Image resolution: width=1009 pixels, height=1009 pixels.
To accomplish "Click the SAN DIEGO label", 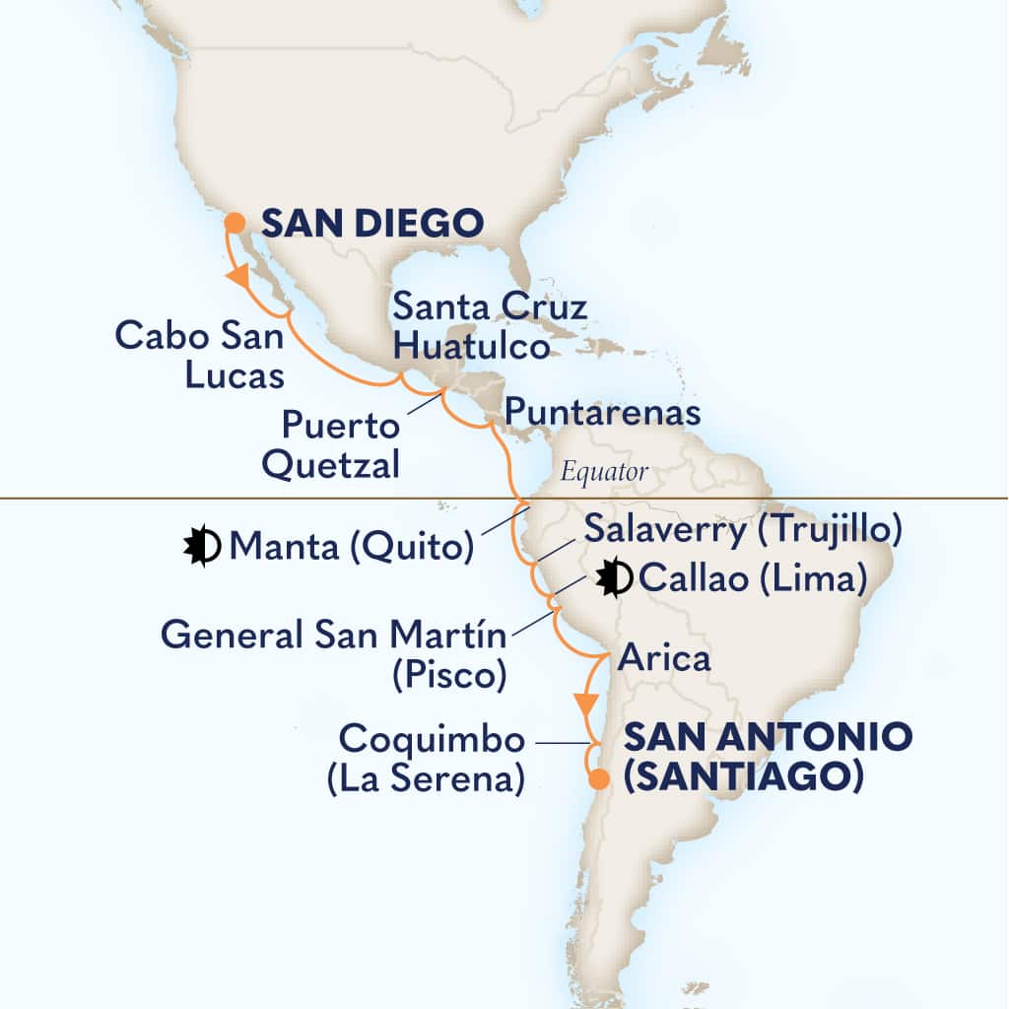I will [x=371, y=224].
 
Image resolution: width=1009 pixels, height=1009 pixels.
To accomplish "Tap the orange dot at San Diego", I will [x=235, y=223].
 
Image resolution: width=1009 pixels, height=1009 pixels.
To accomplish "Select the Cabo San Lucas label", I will [x=200, y=356].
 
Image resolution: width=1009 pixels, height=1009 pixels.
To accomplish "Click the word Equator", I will [x=604, y=473].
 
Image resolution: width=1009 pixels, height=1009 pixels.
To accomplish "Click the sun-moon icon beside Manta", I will [x=201, y=546].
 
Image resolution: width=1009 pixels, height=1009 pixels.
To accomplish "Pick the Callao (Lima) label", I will [x=753, y=578].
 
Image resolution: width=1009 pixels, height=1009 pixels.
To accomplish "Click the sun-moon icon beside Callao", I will [x=615, y=577].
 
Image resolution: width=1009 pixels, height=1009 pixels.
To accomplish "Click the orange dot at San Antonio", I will [x=598, y=782].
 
